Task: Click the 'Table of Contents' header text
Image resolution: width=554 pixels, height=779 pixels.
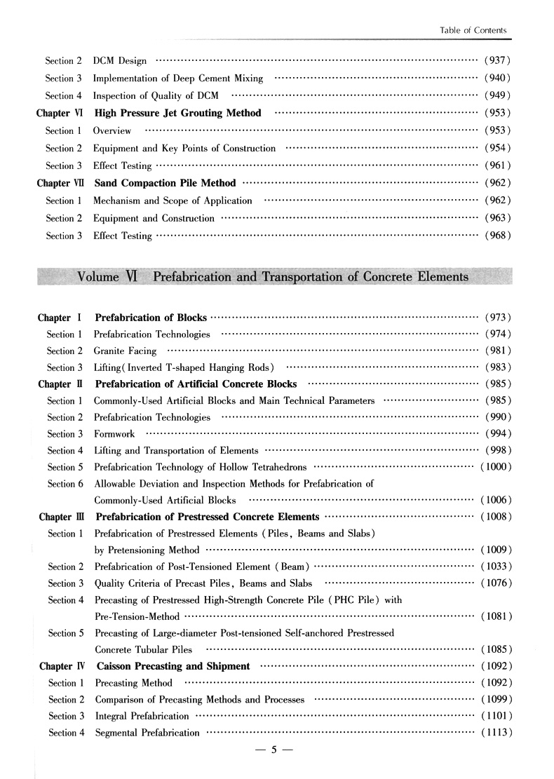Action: [x=473, y=30]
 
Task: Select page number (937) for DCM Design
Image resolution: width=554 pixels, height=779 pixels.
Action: [x=496, y=60]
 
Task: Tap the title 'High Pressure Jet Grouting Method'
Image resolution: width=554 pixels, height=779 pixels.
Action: [x=178, y=113]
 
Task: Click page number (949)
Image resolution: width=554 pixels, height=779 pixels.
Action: [x=496, y=95]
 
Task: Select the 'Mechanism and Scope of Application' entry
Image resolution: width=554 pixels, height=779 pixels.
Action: [x=173, y=201]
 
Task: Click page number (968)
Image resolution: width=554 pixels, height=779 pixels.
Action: [x=496, y=236]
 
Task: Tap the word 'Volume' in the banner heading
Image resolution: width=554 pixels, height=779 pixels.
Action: [x=98, y=276]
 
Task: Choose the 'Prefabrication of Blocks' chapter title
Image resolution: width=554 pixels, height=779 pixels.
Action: [x=151, y=318]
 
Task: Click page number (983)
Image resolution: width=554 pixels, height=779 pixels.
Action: [x=496, y=367]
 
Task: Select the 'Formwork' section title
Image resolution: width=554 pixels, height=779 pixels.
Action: [x=114, y=434]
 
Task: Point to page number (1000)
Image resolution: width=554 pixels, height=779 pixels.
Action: [x=495, y=467]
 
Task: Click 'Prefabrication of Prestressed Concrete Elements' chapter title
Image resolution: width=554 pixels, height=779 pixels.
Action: [x=207, y=517]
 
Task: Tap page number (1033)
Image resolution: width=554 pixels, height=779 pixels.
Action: [x=495, y=567]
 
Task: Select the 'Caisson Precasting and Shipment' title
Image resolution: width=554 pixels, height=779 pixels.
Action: [x=173, y=666]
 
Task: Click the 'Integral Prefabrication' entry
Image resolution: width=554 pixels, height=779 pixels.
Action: [x=142, y=716]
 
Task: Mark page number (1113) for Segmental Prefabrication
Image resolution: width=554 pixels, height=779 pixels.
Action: [x=495, y=733]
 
